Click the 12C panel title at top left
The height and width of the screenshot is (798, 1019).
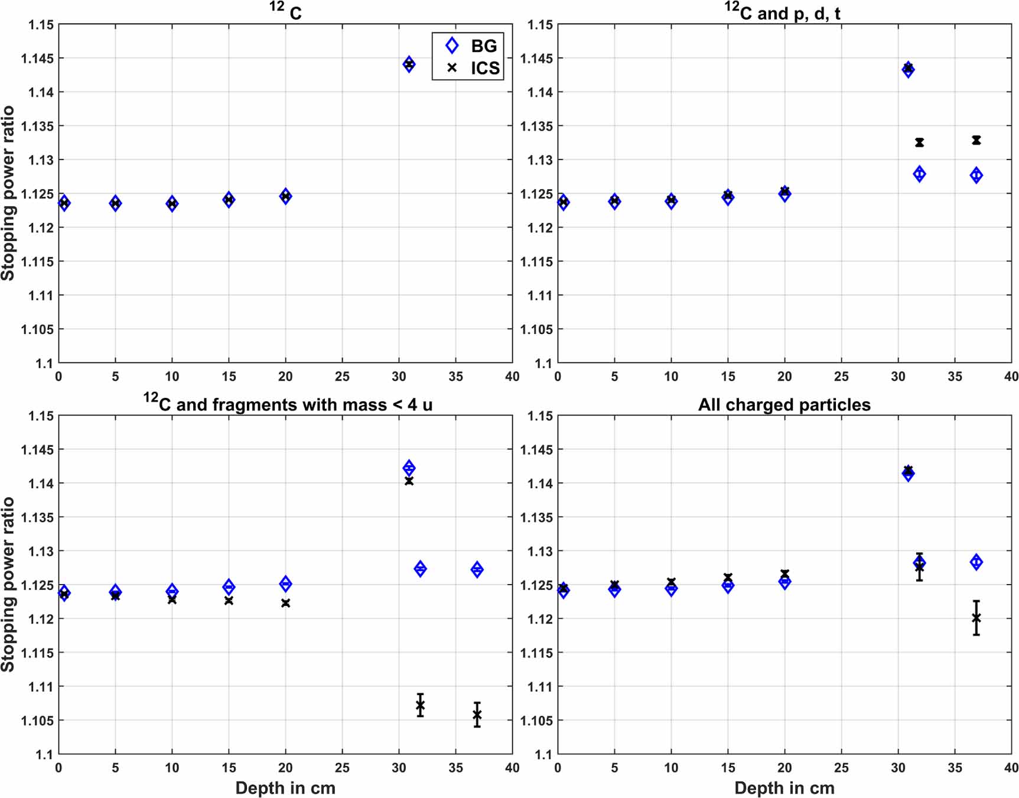click(286, 12)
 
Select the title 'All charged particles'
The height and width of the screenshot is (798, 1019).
click(784, 405)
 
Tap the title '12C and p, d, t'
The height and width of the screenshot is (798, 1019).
click(783, 12)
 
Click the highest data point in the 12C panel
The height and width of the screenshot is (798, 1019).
click(409, 64)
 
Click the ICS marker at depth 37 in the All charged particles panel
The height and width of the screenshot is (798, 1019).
click(976, 618)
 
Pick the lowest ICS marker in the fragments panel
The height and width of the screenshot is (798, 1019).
click(477, 715)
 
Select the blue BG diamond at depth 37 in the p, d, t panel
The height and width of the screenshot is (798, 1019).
click(976, 175)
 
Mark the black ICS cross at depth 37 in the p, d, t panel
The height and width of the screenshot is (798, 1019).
click(976, 140)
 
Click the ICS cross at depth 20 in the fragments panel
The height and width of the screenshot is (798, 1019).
click(286, 603)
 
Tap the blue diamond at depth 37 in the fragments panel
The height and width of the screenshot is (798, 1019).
click(477, 569)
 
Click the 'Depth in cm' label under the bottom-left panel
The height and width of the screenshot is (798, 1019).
click(285, 788)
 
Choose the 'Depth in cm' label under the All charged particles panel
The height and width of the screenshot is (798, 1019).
click(784, 788)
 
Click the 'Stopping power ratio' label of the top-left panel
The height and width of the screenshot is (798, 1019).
click(8, 193)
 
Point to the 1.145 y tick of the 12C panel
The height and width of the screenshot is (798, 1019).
click(37, 59)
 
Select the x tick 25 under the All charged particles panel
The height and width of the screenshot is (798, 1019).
click(841, 768)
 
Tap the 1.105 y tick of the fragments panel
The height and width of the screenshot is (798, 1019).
click(37, 721)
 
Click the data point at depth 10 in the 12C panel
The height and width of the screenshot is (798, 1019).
click(172, 204)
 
